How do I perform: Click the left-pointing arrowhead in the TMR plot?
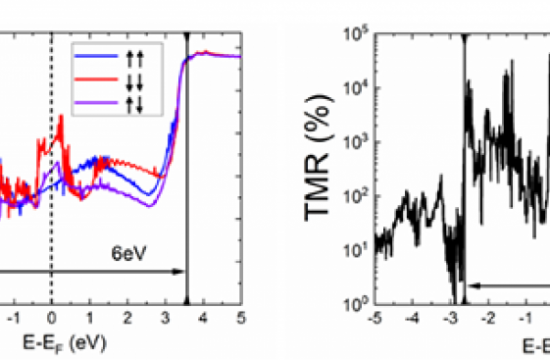click(x=473, y=285)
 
